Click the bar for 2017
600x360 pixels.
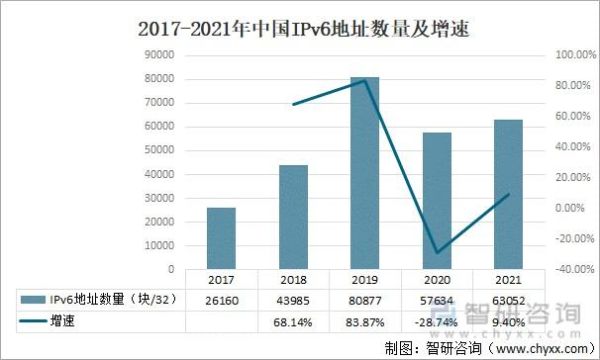[221, 238]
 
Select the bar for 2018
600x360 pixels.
[293, 217]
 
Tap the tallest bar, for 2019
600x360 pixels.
[365, 173]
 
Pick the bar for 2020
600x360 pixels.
[436, 200]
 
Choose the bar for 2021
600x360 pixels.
[508, 194]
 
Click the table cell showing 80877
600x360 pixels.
[365, 298]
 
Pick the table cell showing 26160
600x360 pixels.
[221, 298]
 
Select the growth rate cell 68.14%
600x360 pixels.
[293, 322]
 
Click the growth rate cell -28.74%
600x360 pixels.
[436, 322]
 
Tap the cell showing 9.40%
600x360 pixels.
[508, 322]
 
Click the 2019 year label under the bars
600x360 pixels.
[365, 279]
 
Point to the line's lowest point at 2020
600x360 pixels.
[436, 253]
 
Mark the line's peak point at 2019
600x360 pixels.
[365, 80]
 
